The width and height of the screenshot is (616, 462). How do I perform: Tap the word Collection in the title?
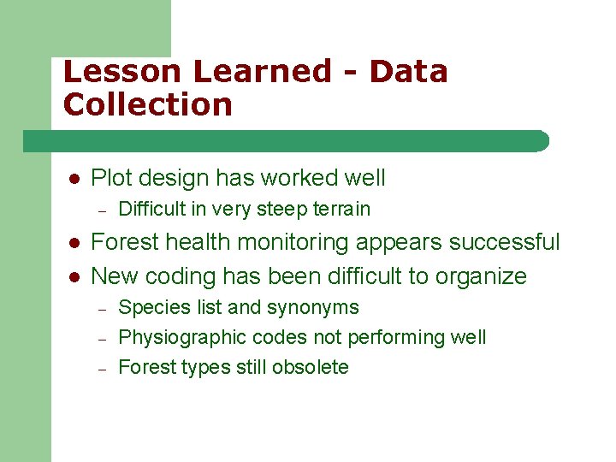[x=148, y=105]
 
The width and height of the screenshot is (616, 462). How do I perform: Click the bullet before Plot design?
[x=74, y=179]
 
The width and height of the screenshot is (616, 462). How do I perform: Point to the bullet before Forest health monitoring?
[x=74, y=243]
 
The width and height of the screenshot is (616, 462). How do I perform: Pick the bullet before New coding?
[x=74, y=277]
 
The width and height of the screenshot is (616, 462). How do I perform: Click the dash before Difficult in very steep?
[x=101, y=210]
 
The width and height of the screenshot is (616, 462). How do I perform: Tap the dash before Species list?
[x=101, y=308]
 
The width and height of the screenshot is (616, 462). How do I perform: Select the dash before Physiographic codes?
[x=101, y=338]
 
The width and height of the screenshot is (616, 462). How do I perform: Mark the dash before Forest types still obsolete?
[x=101, y=368]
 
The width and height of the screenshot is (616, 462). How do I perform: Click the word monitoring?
[x=286, y=242]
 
